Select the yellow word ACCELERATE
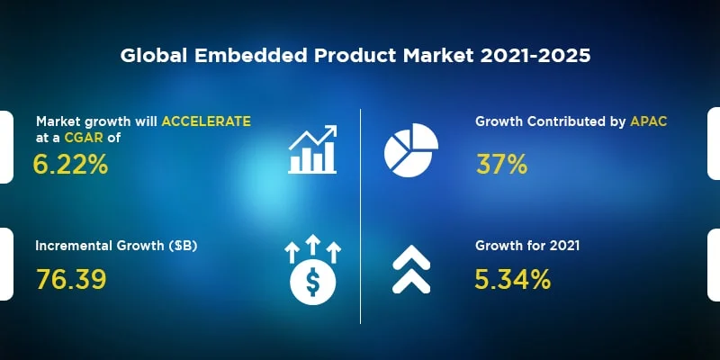pos(206,121)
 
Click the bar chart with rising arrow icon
pos(312,148)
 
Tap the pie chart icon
pos(411,148)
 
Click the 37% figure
pos(500,165)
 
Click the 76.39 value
pos(71,279)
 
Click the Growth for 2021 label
pos(526,245)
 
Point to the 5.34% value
pos(512,279)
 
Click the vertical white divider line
pos(361,216)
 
